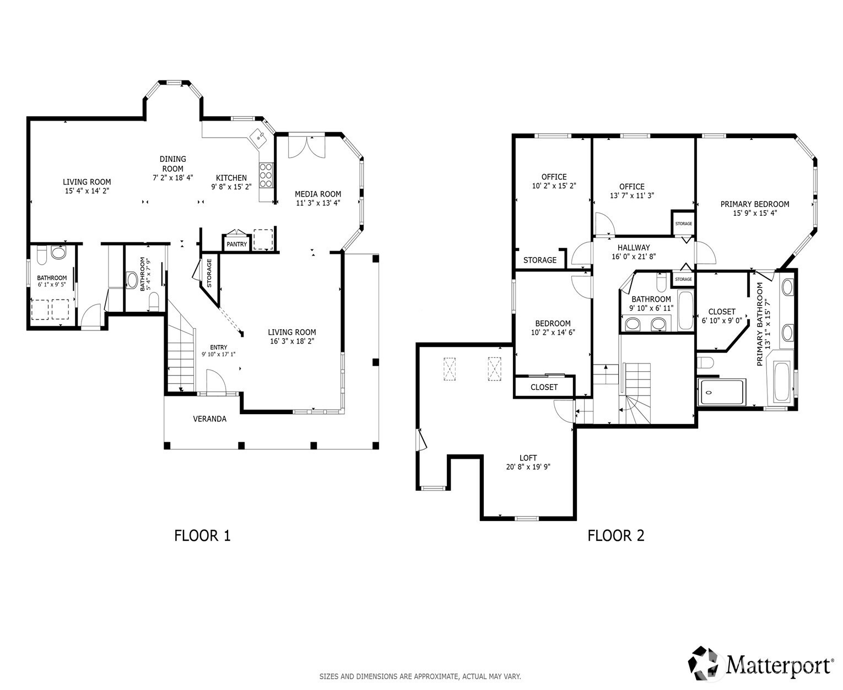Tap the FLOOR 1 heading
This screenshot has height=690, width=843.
(202, 536)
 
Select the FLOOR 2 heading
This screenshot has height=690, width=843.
(615, 536)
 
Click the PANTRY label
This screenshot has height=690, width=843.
(236, 244)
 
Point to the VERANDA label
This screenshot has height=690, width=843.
(209, 419)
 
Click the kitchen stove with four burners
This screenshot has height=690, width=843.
(266, 175)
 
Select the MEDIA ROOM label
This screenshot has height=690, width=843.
(318, 194)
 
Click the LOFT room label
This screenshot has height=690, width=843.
(528, 458)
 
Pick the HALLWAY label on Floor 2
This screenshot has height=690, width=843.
(634, 248)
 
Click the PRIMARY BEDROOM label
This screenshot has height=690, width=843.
(755, 204)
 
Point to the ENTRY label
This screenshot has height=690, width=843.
(218, 347)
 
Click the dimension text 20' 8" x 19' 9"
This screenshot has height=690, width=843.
(528, 467)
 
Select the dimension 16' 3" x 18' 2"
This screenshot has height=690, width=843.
(292, 341)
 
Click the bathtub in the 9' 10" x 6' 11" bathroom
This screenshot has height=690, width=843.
(687, 311)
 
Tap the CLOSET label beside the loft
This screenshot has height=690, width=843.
(544, 387)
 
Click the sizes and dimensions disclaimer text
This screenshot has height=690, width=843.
(420, 676)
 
